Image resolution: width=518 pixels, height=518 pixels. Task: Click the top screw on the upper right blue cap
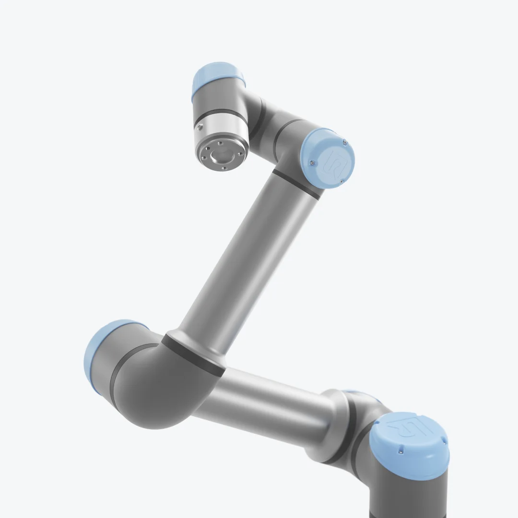coord(344,141)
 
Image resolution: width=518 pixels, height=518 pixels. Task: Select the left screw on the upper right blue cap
coord(312,164)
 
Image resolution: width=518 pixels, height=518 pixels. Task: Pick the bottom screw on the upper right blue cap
coord(341,181)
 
